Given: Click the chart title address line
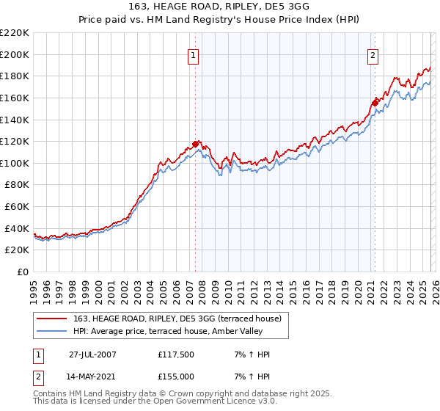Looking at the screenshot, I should pyautogui.click(x=220, y=7).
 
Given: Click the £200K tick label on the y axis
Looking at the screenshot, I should pyautogui.click(x=15, y=54).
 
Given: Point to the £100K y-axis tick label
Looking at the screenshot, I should pyautogui.click(x=15, y=163).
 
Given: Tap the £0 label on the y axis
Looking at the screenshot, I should pyautogui.click(x=23, y=272).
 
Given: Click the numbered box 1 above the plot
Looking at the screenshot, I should pyautogui.click(x=193, y=54).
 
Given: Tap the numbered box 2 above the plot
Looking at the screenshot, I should pyautogui.click(x=373, y=54).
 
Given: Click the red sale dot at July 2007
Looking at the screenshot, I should pyautogui.click(x=196, y=144).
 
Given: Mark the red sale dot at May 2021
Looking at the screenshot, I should pyautogui.click(x=375, y=103).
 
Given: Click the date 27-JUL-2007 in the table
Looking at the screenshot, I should pyautogui.click(x=92, y=354).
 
